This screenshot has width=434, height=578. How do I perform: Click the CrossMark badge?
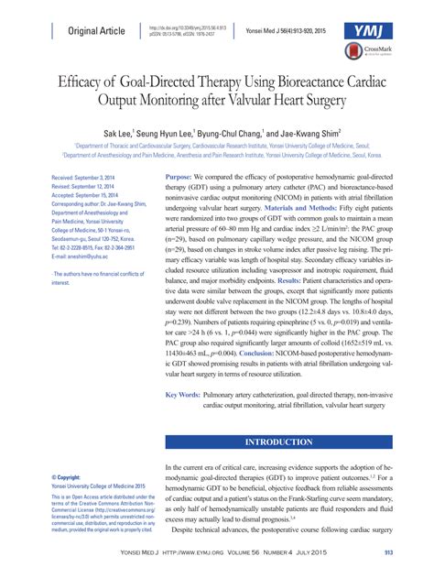[x=380, y=54]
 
